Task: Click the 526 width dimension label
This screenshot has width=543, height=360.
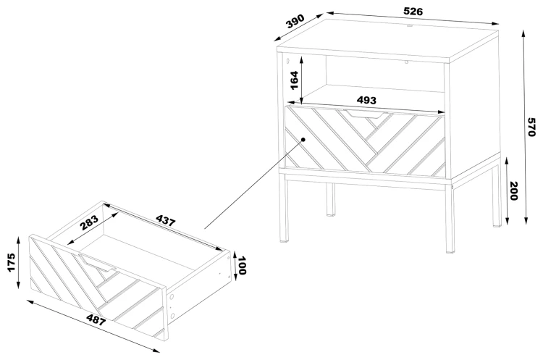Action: (x=413, y=12)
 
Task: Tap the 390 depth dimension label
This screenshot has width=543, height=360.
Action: (x=295, y=21)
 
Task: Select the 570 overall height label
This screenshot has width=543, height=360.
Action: (x=532, y=127)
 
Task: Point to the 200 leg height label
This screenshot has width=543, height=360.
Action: (x=513, y=191)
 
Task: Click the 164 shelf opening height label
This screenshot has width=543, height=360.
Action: (x=294, y=80)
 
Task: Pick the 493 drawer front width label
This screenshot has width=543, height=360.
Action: (x=366, y=100)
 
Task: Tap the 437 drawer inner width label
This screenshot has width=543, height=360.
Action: (x=166, y=220)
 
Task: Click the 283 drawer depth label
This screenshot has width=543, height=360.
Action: (x=89, y=223)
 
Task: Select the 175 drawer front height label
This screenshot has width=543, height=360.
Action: (x=11, y=262)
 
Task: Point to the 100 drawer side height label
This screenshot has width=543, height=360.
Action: (x=242, y=265)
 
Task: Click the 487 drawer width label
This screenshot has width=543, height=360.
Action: (x=96, y=319)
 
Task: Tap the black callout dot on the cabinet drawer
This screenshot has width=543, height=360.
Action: (x=303, y=139)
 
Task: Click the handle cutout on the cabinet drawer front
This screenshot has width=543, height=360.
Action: (x=363, y=114)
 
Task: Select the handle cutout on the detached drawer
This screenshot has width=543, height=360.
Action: (x=96, y=262)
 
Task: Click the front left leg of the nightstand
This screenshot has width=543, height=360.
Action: (x=284, y=208)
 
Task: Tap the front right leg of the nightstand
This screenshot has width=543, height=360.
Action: (x=450, y=216)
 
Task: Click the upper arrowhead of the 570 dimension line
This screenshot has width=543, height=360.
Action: (x=523, y=33)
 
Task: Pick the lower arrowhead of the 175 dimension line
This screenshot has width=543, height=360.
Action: (x=18, y=285)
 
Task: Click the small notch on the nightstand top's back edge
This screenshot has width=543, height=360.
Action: (x=409, y=25)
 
